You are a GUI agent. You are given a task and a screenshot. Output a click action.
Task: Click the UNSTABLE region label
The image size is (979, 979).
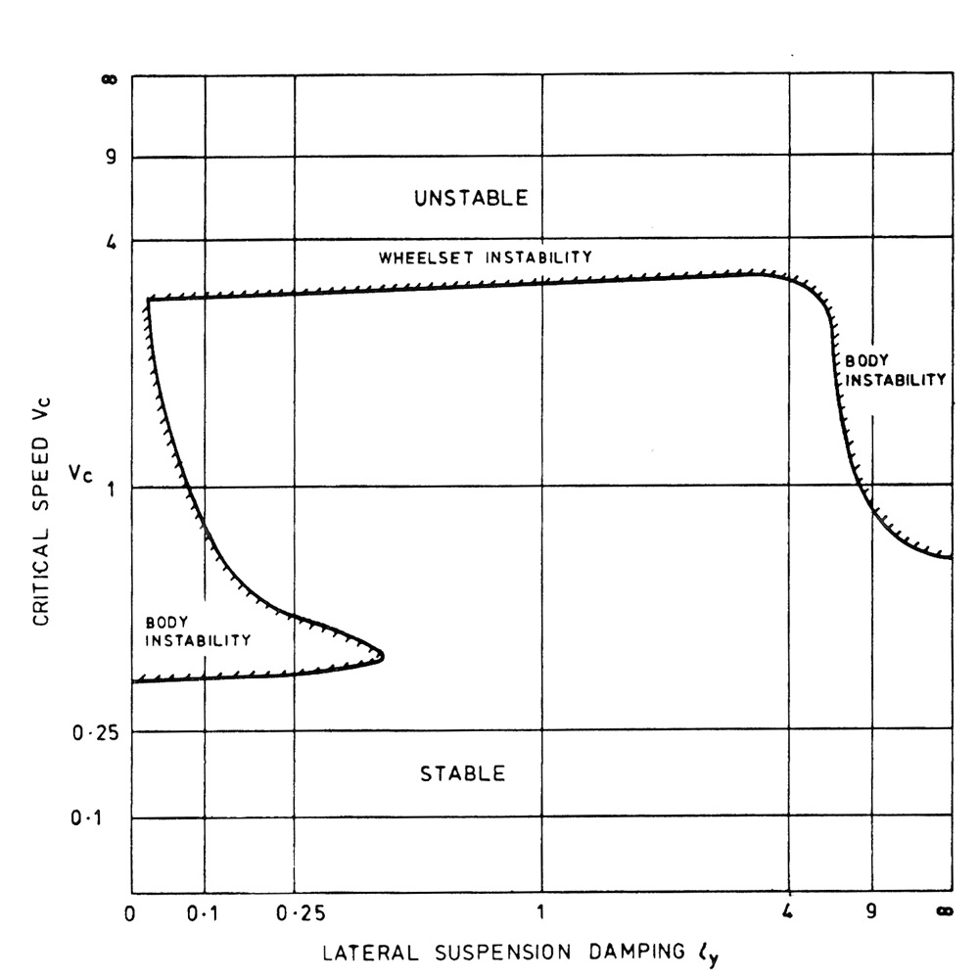pos(471,198)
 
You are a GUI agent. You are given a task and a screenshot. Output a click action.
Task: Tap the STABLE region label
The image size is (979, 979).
pos(463,774)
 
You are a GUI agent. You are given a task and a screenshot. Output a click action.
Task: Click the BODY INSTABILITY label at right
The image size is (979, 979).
pos(896,370)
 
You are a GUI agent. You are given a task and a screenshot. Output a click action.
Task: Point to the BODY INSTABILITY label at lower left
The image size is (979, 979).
pos(198,631)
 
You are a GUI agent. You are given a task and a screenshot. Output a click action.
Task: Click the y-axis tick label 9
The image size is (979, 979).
pos(113,157)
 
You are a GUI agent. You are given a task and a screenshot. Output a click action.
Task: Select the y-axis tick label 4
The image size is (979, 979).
pos(112,240)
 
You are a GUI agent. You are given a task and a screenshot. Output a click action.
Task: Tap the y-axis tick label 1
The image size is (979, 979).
pos(112,488)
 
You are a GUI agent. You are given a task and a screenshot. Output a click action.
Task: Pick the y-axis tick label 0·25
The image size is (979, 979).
pos(97,732)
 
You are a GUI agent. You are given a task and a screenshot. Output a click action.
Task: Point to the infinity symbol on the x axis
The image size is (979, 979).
pos(945,913)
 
